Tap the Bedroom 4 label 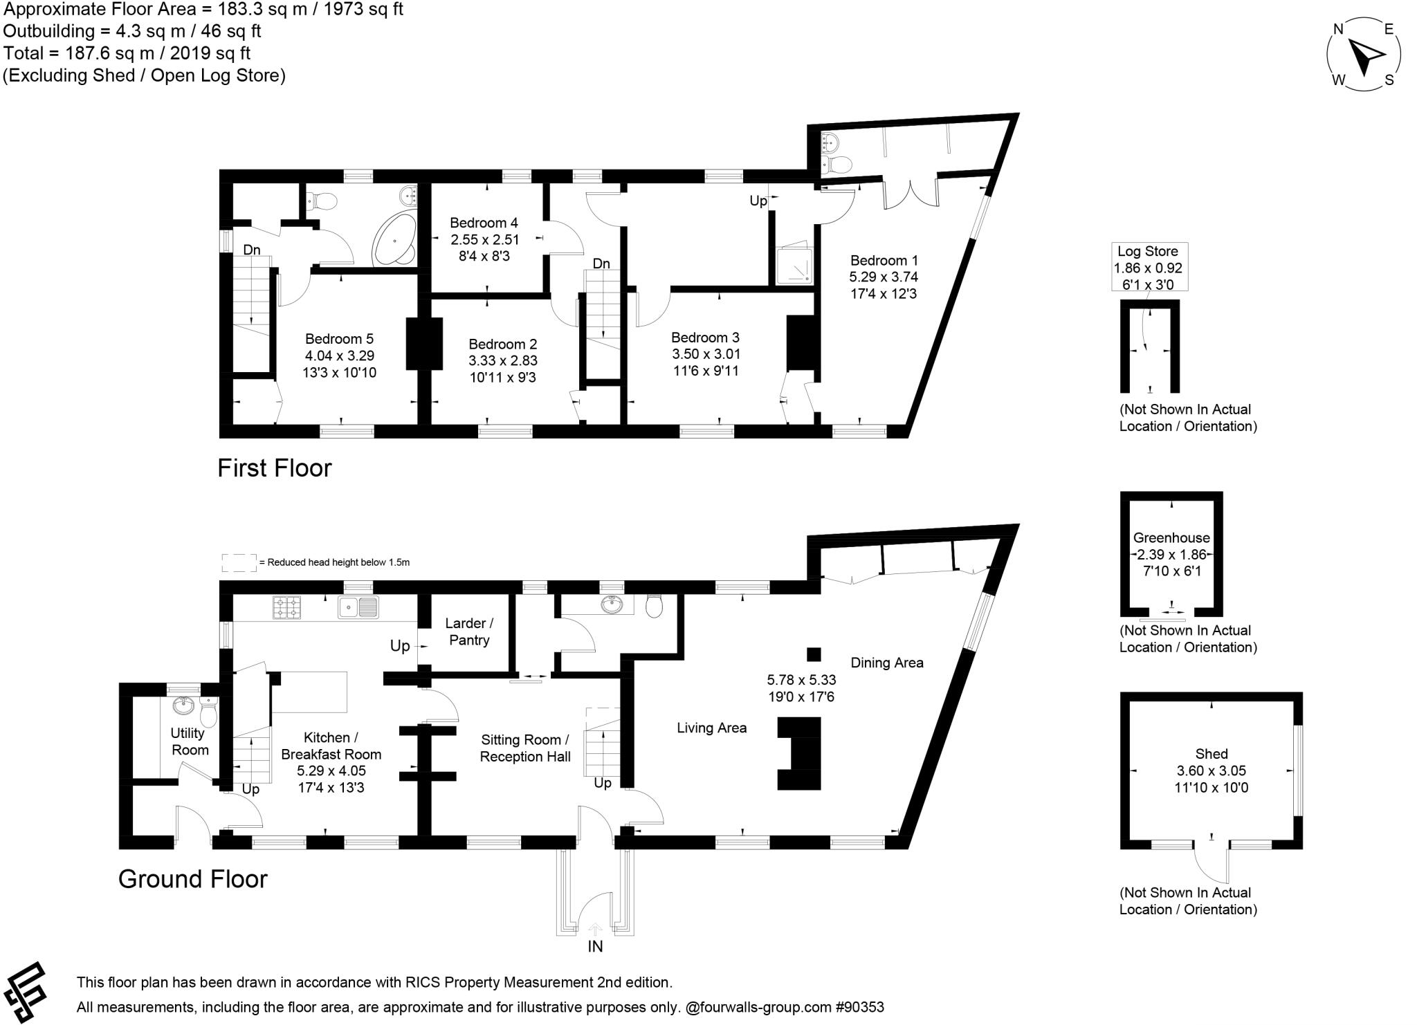[x=484, y=223]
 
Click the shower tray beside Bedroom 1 [x=792, y=265]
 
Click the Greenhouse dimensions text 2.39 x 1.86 [x=1171, y=554]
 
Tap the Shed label [x=1211, y=754]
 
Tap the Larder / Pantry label [x=469, y=631]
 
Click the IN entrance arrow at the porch [x=595, y=930]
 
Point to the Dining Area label [x=887, y=663]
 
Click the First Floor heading [x=275, y=468]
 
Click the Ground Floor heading [x=192, y=879]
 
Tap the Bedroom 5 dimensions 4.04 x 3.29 [x=340, y=355]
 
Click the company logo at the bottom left [x=26, y=991]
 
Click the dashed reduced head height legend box [x=238, y=563]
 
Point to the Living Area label [x=711, y=728]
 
